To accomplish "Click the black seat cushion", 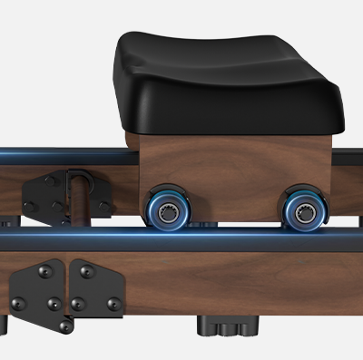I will point(231,82).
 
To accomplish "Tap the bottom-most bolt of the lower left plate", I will point(64,326).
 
